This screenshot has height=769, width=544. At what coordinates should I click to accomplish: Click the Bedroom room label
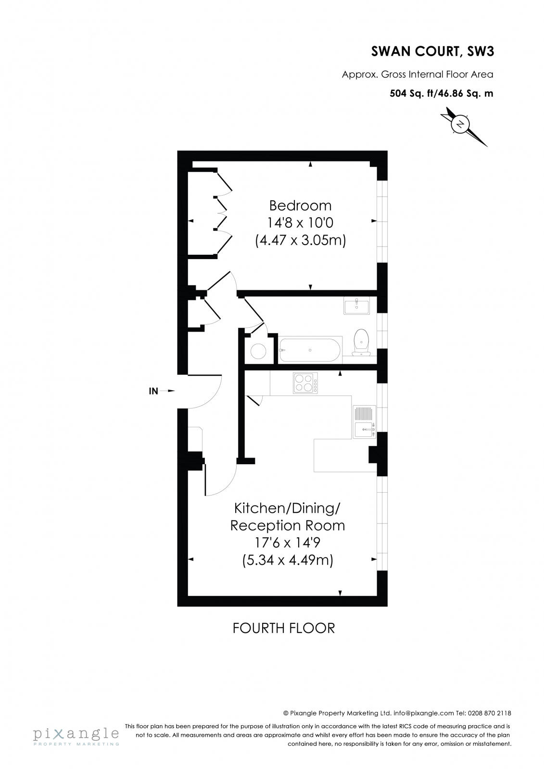[x=300, y=206]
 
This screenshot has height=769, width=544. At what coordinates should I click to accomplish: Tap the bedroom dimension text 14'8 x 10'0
[x=300, y=223]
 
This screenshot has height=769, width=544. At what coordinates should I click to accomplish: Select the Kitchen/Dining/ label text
[x=287, y=508]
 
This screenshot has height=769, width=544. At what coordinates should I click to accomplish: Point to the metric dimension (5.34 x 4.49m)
[x=288, y=560]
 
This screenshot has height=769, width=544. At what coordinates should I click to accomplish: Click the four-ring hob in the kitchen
[x=305, y=383]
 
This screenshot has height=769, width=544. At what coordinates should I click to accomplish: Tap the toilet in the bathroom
[x=361, y=341]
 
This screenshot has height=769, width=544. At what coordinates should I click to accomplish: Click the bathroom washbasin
[x=356, y=306]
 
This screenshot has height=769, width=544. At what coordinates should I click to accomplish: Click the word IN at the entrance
[x=153, y=391]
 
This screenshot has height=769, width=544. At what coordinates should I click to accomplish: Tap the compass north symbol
[x=461, y=124]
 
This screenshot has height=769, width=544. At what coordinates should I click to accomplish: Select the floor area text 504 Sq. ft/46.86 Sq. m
[x=441, y=94]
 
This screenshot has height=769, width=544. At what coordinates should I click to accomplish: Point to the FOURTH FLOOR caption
[x=283, y=628]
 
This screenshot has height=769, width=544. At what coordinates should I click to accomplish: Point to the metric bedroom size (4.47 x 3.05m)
[x=300, y=240]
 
